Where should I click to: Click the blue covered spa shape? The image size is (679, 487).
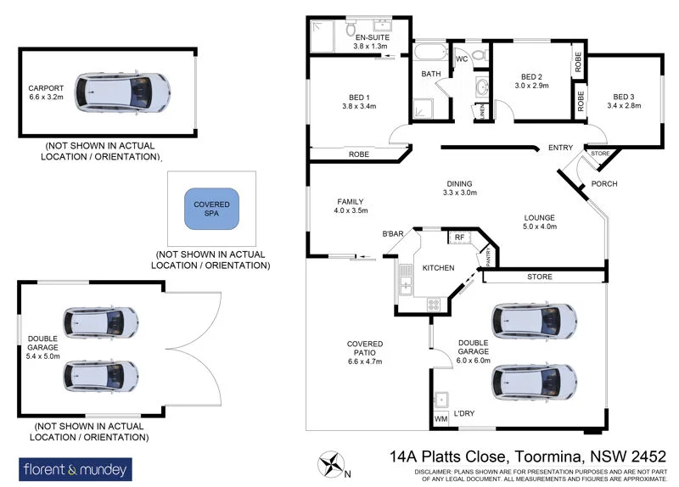[x=212, y=208]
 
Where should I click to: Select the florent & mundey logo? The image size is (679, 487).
[x=75, y=467]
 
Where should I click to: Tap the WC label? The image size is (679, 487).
[x=462, y=60]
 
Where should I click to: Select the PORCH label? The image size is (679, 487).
[x=603, y=185]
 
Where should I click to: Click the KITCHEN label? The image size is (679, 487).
[x=438, y=268]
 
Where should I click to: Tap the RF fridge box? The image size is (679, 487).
[x=459, y=238]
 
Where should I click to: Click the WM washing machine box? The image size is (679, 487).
[x=441, y=419]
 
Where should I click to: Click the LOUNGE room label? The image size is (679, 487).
[x=540, y=222]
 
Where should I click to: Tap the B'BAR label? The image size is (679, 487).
[x=392, y=233]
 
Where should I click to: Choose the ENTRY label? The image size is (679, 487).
[x=560, y=148]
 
